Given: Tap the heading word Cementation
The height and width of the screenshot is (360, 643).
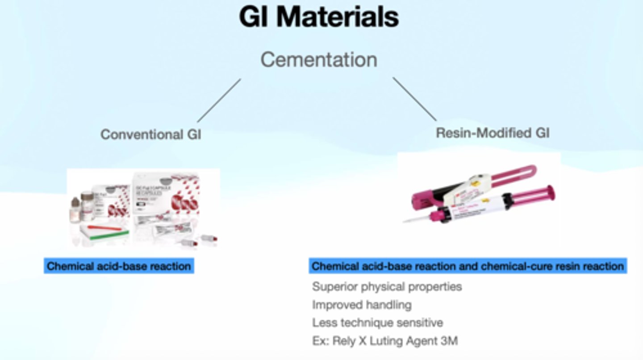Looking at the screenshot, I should tap(319, 60).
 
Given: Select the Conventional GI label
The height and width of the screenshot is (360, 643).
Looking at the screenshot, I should tap(150, 134).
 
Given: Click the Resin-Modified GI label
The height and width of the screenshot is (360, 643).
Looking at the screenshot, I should tap(493, 133).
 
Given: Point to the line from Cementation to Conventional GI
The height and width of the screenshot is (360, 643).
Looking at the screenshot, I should tap(219, 100).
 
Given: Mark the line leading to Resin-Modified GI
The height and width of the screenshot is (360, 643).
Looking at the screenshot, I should tap(414, 99).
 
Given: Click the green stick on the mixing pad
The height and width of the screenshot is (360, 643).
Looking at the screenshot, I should tap(107, 235).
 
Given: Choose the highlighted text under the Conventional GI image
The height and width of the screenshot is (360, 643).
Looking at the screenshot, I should tap(119, 267).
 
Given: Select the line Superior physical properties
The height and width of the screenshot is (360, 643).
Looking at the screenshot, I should tap(387, 286).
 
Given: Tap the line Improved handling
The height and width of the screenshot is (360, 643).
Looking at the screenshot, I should tap(362, 305).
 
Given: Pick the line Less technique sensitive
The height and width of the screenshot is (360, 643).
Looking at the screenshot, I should tap(377, 322).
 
